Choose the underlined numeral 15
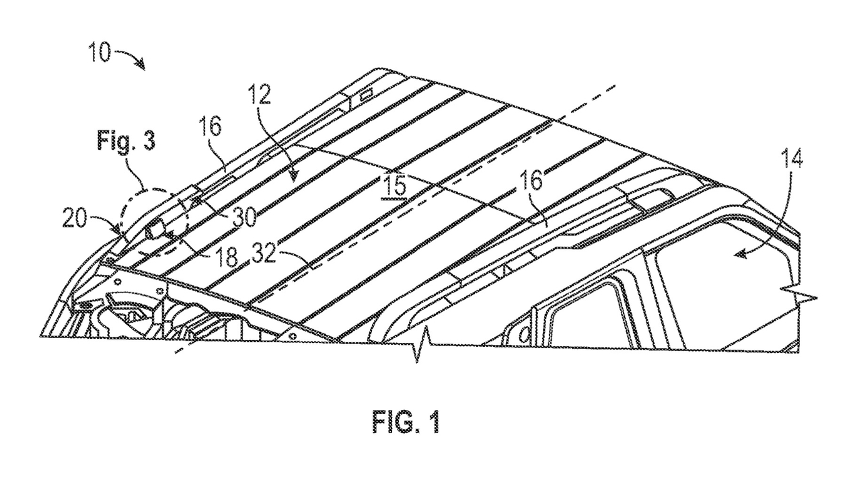pos(396,186)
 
